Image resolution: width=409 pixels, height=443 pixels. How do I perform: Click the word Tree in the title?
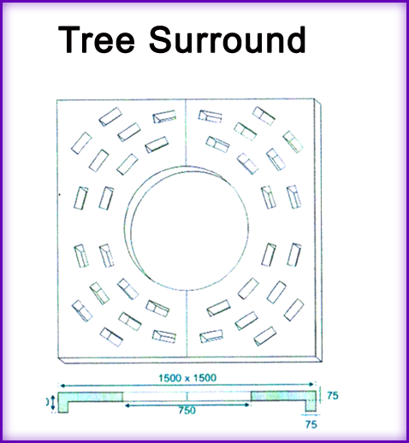pos(96,39)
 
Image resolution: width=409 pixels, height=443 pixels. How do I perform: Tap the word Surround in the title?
pos(228,39)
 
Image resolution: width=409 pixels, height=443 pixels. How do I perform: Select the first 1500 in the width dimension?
pos(170,378)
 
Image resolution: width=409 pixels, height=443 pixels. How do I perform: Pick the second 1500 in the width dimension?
pos(204,378)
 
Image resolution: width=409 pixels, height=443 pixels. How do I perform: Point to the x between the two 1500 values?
pos(187,379)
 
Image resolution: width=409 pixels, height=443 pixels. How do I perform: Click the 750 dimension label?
pos(187,411)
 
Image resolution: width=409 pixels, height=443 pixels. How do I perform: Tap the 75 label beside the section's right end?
pos(333,396)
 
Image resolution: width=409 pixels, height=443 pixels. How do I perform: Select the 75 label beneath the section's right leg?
pos(311,425)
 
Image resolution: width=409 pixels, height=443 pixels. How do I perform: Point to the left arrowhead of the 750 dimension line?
pos(127,405)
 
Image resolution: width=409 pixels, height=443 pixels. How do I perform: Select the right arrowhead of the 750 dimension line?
pos(246,405)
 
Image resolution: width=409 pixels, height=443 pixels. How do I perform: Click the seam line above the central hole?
pos(186,133)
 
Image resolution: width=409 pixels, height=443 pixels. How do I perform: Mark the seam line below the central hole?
pos(187,324)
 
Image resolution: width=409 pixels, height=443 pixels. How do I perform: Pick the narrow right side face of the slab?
pos(318,230)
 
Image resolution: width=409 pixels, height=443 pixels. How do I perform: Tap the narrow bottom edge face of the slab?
pos(190,360)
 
